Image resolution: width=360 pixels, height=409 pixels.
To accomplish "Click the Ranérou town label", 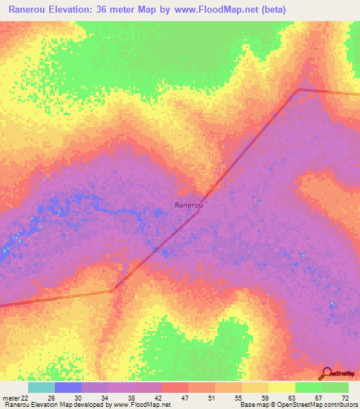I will (x=188, y=204).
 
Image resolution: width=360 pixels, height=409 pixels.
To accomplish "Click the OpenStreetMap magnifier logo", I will (x=326, y=373).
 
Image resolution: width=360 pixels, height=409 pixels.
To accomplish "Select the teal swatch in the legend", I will (x=41, y=387).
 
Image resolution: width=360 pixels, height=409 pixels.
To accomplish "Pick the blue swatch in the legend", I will (x=68, y=387).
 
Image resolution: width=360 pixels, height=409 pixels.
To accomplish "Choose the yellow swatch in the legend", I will (x=282, y=387).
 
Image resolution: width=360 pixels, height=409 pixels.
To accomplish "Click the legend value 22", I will (x=25, y=398).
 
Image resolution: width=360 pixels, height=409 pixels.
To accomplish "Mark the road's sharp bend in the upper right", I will (x=298, y=89).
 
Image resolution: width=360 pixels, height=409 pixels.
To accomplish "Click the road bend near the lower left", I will (x=112, y=290).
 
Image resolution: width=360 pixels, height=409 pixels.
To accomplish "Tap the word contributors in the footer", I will (x=337, y=405).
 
